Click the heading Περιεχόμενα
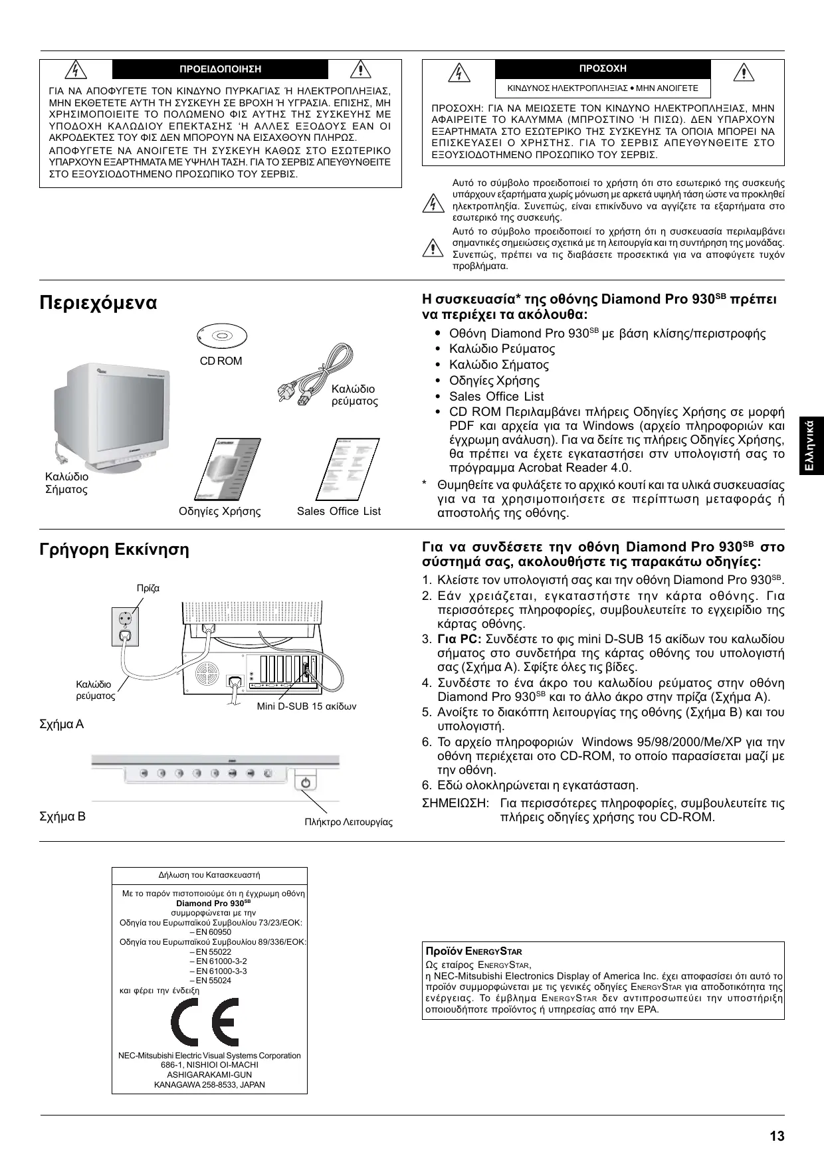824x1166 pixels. pyautogui.click(x=98, y=303)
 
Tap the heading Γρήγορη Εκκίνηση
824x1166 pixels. pyautogui.click(x=114, y=549)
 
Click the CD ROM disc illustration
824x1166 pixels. pyautogui.click(x=221, y=336)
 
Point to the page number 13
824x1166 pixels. pyautogui.click(x=777, y=1136)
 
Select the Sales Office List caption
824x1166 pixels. pyautogui.click(x=339, y=511)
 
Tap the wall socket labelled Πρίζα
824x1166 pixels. pyautogui.click(x=126, y=626)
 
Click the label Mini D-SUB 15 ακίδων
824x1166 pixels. pyautogui.click(x=306, y=706)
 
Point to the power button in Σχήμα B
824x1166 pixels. pyautogui.click(x=306, y=782)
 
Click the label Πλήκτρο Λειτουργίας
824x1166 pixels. pyautogui.click(x=348, y=822)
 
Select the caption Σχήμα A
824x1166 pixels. pyautogui.click(x=62, y=724)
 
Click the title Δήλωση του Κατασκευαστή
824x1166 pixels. pyautogui.click(x=209, y=875)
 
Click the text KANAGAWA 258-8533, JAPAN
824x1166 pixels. pyautogui.click(x=209, y=1084)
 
